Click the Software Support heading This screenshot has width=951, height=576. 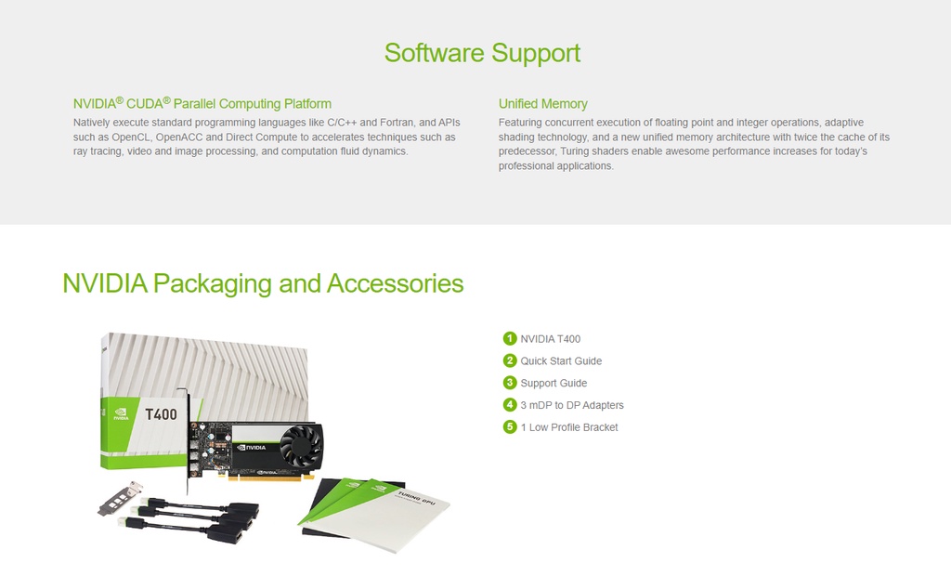(x=482, y=53)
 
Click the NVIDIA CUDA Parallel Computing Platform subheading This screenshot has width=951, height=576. (x=202, y=103)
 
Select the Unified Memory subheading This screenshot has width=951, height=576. (x=542, y=104)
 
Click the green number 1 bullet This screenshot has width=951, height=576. (x=510, y=338)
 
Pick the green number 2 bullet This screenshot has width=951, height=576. (x=510, y=360)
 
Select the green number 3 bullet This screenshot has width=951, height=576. (x=510, y=383)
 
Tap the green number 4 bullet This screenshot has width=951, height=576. (x=510, y=404)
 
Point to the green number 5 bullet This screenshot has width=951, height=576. (x=510, y=426)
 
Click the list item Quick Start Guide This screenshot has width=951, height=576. (x=561, y=361)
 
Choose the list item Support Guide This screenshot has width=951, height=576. (x=554, y=383)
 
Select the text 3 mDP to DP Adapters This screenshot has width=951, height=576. (x=572, y=405)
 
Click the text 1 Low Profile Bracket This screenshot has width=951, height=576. (x=569, y=427)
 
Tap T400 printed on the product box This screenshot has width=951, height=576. (x=161, y=414)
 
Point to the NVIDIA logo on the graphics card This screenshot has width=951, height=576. (x=251, y=448)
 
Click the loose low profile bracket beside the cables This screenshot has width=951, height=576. (x=120, y=500)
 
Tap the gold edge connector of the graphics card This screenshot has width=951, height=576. (x=270, y=478)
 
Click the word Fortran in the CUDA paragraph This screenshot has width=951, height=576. (x=397, y=123)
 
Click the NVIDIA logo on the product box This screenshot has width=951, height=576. (x=122, y=414)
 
